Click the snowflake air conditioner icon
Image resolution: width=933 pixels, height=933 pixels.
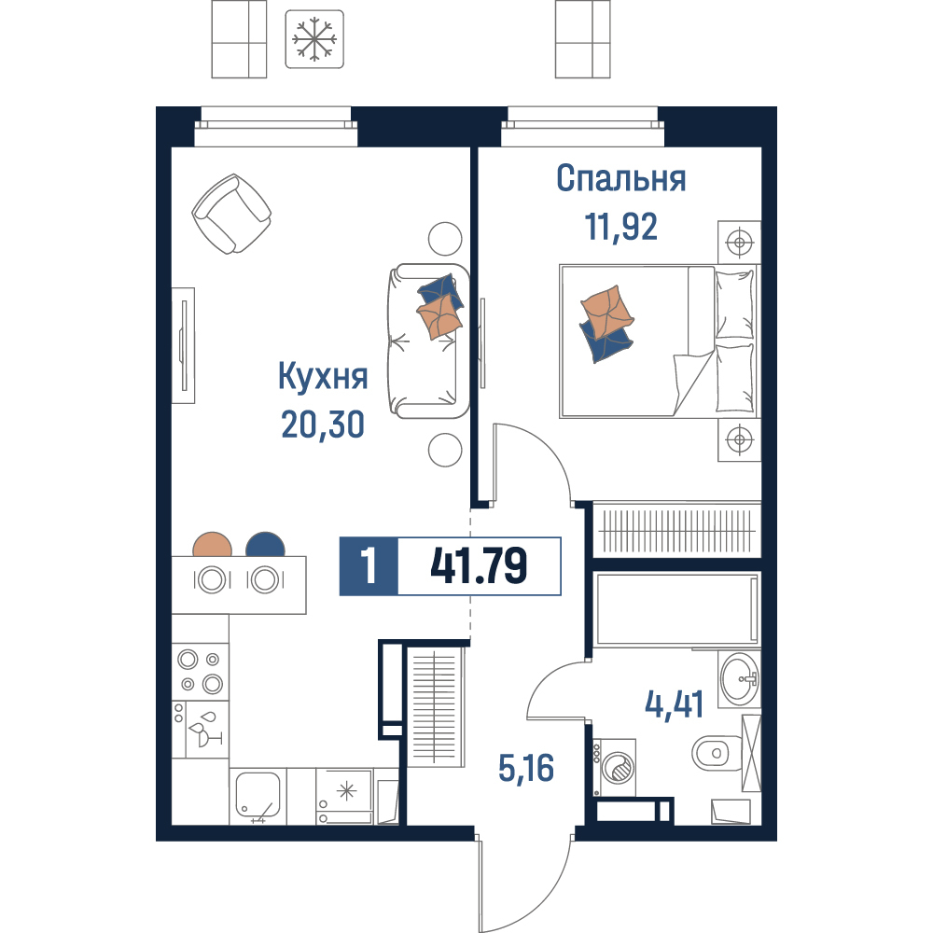pyautogui.click(x=314, y=38)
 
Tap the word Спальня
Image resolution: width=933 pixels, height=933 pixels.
pyautogui.click(x=620, y=178)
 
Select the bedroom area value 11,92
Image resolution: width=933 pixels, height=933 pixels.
pyautogui.click(x=620, y=227)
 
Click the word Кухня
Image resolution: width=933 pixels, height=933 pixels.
pyautogui.click(x=323, y=377)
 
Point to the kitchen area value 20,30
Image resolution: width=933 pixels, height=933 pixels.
pyautogui.click(x=323, y=425)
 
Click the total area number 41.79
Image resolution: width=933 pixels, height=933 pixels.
pyautogui.click(x=479, y=566)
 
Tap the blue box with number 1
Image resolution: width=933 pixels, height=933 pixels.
pyautogui.click(x=369, y=566)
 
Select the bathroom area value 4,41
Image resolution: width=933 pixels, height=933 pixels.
pyautogui.click(x=675, y=705)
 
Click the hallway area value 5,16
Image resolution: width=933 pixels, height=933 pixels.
pyautogui.click(x=526, y=768)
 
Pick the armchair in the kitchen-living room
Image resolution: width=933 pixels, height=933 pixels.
pyautogui.click(x=231, y=214)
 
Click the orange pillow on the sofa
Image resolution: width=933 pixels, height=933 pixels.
pyautogui.click(x=439, y=316)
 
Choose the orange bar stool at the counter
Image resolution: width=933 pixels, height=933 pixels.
pyautogui.click(x=213, y=544)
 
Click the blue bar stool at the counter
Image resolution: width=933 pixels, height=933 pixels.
pyautogui.click(x=265, y=544)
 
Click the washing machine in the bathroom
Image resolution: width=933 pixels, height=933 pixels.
pyautogui.click(x=614, y=768)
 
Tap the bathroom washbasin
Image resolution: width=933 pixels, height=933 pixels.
pyautogui.click(x=739, y=679)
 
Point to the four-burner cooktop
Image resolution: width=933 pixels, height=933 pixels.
pyautogui.click(x=200, y=671)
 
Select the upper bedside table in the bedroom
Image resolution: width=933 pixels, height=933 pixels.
pyautogui.click(x=739, y=243)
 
